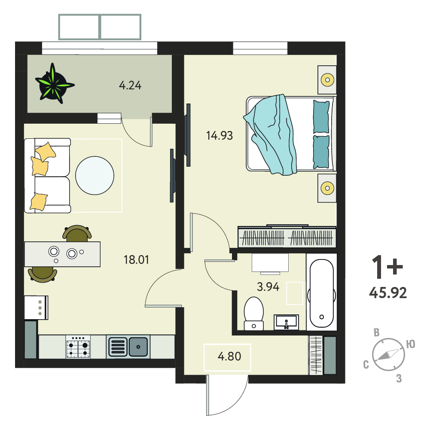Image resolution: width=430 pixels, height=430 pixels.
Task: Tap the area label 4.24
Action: [130, 85]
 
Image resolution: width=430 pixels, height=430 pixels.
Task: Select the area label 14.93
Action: [220, 135]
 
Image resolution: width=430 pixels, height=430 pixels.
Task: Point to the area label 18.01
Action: [136, 260]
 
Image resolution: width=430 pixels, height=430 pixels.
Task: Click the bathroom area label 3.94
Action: [268, 287]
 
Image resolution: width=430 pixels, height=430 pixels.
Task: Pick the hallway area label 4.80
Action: [229, 356]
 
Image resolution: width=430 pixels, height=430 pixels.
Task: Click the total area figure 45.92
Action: [388, 293]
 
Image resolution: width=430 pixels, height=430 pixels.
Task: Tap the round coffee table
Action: [95, 176]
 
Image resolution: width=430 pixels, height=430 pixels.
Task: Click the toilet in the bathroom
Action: [254, 313]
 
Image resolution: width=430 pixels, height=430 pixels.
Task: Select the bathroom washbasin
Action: [286, 322]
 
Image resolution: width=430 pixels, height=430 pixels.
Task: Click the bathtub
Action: [322, 293]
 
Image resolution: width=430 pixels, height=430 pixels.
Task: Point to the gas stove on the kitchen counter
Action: [78, 347]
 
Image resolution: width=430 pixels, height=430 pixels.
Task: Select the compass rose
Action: [388, 354]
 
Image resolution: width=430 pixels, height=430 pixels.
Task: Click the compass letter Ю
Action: [411, 344]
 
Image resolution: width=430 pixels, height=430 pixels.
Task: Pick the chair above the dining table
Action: [77, 233]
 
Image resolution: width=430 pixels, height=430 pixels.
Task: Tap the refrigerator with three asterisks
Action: [36, 308]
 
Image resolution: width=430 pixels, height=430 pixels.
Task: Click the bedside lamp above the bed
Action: [327, 80]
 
